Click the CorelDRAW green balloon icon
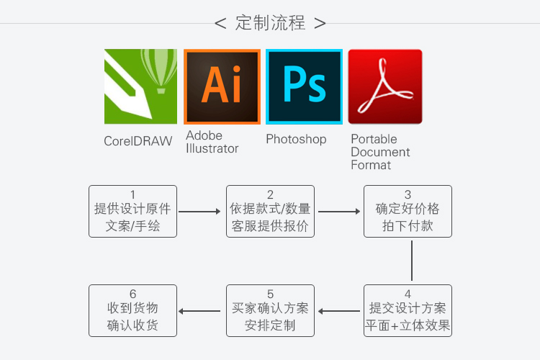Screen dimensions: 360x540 [x=140, y=86]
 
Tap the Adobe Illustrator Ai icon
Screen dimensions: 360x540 [x=222, y=86]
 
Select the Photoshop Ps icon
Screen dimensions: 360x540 [x=304, y=86]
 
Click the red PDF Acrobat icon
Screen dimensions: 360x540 [x=385, y=86]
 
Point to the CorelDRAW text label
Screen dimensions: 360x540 [x=138, y=141]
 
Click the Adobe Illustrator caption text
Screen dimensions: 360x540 [x=212, y=142]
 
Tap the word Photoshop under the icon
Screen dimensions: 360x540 [x=296, y=139]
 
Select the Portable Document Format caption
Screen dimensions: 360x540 [x=380, y=152]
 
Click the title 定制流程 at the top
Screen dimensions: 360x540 [x=270, y=23]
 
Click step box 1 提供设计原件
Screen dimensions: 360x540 [x=132, y=211]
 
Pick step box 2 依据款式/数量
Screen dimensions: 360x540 [x=270, y=211]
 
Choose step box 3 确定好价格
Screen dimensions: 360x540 [x=408, y=211]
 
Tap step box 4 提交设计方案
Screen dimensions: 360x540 [x=408, y=310]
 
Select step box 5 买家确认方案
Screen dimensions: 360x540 [x=270, y=310]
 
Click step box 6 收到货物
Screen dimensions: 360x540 [x=132, y=310]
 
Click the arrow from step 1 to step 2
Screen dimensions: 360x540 [x=199, y=212]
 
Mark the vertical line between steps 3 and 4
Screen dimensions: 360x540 [x=412, y=261]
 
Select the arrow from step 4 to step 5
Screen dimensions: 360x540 [x=339, y=311]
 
